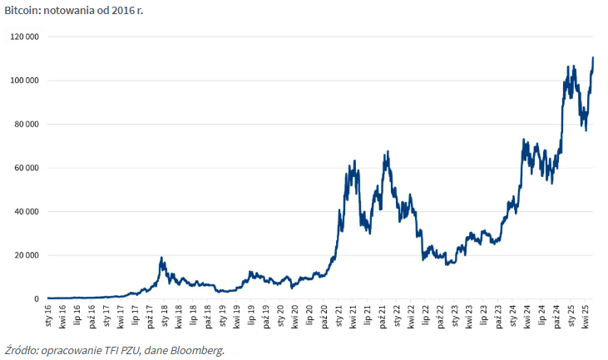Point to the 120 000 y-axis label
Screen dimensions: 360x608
pyautogui.click(x=24, y=37)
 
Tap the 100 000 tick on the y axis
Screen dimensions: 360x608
pyautogui.click(x=24, y=81)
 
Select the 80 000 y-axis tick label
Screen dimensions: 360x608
pyautogui.click(x=26, y=124)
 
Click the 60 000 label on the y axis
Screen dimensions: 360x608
pyautogui.click(x=26, y=168)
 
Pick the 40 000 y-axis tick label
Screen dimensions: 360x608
pyautogui.click(x=26, y=211)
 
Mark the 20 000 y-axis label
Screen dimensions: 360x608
pyautogui.click(x=26, y=255)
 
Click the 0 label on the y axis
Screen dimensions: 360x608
pyautogui.click(x=36, y=298)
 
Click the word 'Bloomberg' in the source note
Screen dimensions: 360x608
pyautogui.click(x=198, y=349)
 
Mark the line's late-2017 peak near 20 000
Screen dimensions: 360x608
pyautogui.click(x=161, y=258)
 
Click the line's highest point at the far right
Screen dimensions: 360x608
pyautogui.click(x=593, y=57)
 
